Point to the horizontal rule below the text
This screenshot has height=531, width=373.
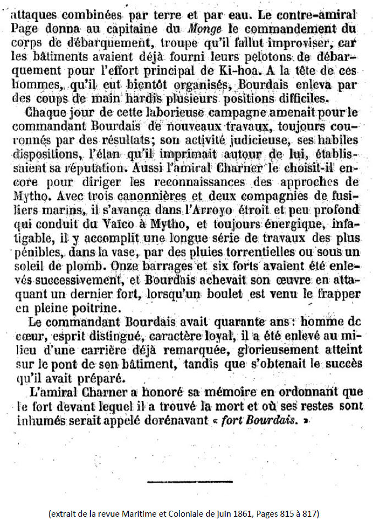[x=190, y=482]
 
